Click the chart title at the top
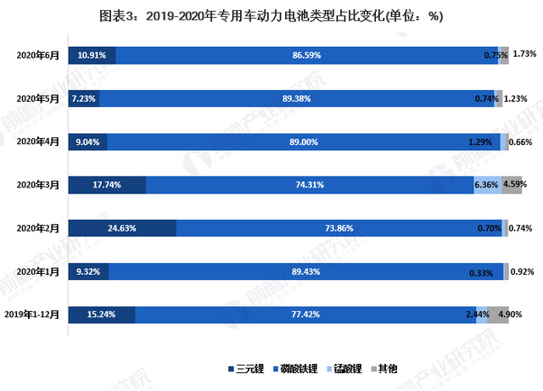click(x=271, y=16)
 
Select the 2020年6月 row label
click(x=38, y=55)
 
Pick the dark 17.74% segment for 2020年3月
click(x=107, y=185)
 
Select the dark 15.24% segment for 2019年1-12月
click(x=101, y=315)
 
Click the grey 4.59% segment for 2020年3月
click(x=512, y=185)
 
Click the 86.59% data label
click(x=305, y=55)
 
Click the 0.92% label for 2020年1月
click(x=521, y=271)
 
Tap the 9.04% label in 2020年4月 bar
click(x=87, y=142)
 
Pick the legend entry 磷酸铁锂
click(x=298, y=369)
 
